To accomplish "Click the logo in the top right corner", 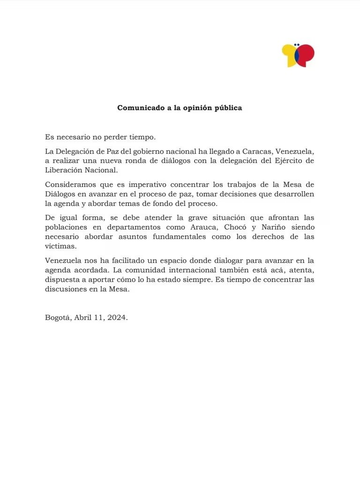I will (x=298, y=55).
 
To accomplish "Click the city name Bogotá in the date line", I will (x=58, y=317).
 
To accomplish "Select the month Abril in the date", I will (x=83, y=317).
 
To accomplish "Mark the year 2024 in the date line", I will (x=116, y=317).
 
